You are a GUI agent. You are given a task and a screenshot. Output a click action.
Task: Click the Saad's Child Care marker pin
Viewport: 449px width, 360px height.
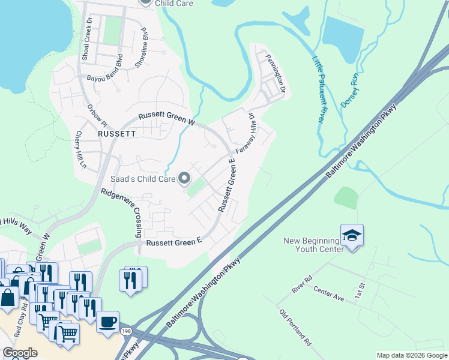click(x=185, y=178)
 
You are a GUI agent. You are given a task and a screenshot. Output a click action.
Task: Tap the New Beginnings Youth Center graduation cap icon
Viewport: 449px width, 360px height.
click(x=352, y=235)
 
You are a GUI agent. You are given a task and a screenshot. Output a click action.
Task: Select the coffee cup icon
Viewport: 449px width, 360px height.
click(x=107, y=321)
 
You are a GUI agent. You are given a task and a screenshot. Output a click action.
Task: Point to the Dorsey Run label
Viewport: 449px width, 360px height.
click(x=349, y=90)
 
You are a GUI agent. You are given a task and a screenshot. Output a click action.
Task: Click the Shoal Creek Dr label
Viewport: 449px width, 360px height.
click(x=86, y=37)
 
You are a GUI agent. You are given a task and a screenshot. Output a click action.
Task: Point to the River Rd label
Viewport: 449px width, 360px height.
click(x=301, y=283)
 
